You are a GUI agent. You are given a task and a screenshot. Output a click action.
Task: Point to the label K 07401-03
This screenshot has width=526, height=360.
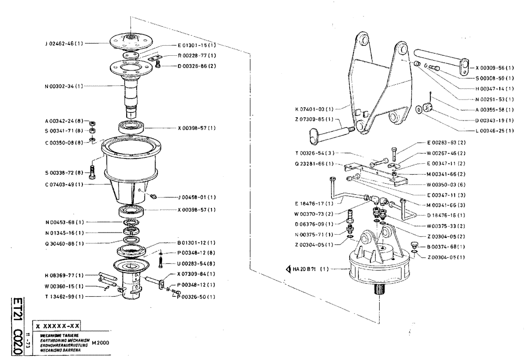pos(315,109)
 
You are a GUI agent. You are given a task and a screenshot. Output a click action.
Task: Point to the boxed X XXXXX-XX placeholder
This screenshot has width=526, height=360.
pos(58,326)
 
